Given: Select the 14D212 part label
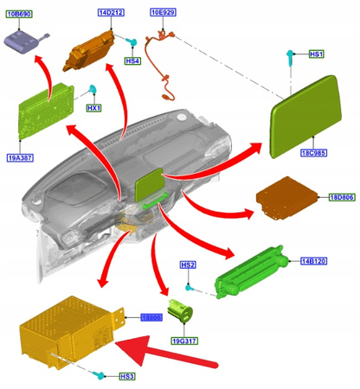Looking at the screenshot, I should pos(111,14).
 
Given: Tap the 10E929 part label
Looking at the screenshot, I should pos(162,14).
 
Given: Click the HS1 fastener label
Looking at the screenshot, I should pos(316,54).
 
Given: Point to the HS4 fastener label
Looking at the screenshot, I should pos(132,61).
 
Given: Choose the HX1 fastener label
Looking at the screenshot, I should pos(93,108).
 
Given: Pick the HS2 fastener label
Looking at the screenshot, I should pos(188,265).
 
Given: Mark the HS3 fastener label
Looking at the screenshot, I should pos(126,376).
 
